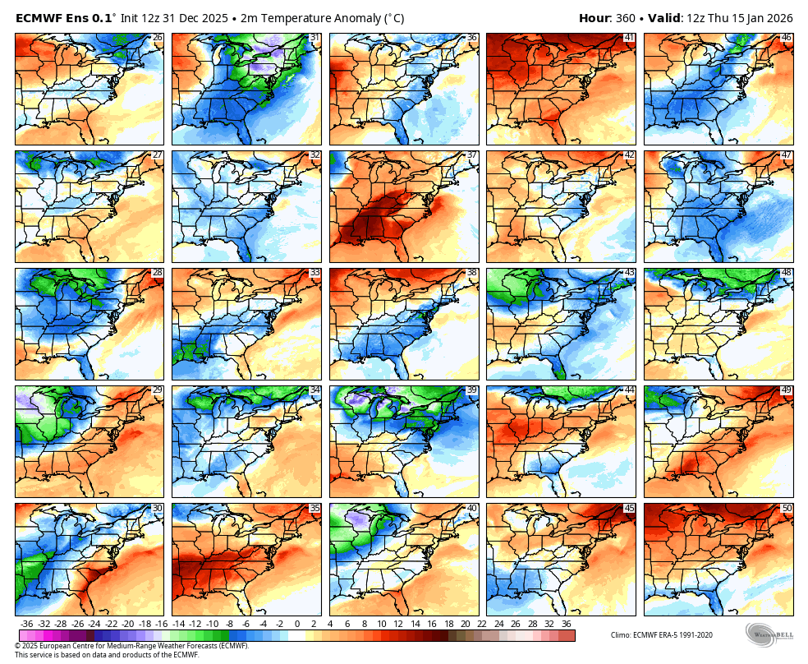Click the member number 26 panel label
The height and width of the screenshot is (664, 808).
(x=158, y=38)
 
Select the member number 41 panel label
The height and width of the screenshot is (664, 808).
(x=629, y=38)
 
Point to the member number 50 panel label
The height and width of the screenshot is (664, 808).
(x=787, y=509)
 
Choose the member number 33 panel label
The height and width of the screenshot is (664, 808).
(x=314, y=273)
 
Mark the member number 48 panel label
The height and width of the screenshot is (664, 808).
(x=787, y=273)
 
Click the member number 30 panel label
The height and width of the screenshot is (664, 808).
(x=158, y=509)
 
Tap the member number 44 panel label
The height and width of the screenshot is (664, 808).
(x=629, y=390)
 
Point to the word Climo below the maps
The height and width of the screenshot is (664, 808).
(x=622, y=634)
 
